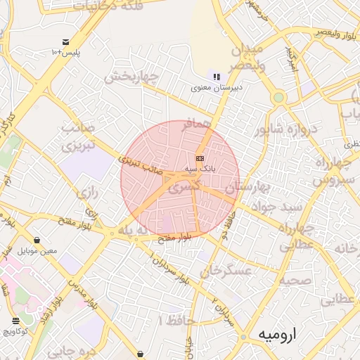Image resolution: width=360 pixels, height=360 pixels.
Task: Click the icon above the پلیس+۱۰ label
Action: pos(65,41)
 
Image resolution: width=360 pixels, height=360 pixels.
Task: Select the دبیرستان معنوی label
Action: pos(217,88)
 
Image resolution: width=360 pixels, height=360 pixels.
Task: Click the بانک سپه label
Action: pos(200,169)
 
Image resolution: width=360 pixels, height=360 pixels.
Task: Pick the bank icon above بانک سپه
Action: pos(200,158)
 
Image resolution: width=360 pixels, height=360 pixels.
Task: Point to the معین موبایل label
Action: pos(37,251)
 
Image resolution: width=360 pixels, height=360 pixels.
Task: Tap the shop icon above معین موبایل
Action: pos(37,240)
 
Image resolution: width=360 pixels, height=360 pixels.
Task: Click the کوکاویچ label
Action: pos(15,331)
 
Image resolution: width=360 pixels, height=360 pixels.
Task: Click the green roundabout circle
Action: pos(278,97)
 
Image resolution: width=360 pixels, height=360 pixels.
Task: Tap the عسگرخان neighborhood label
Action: pos(225,269)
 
